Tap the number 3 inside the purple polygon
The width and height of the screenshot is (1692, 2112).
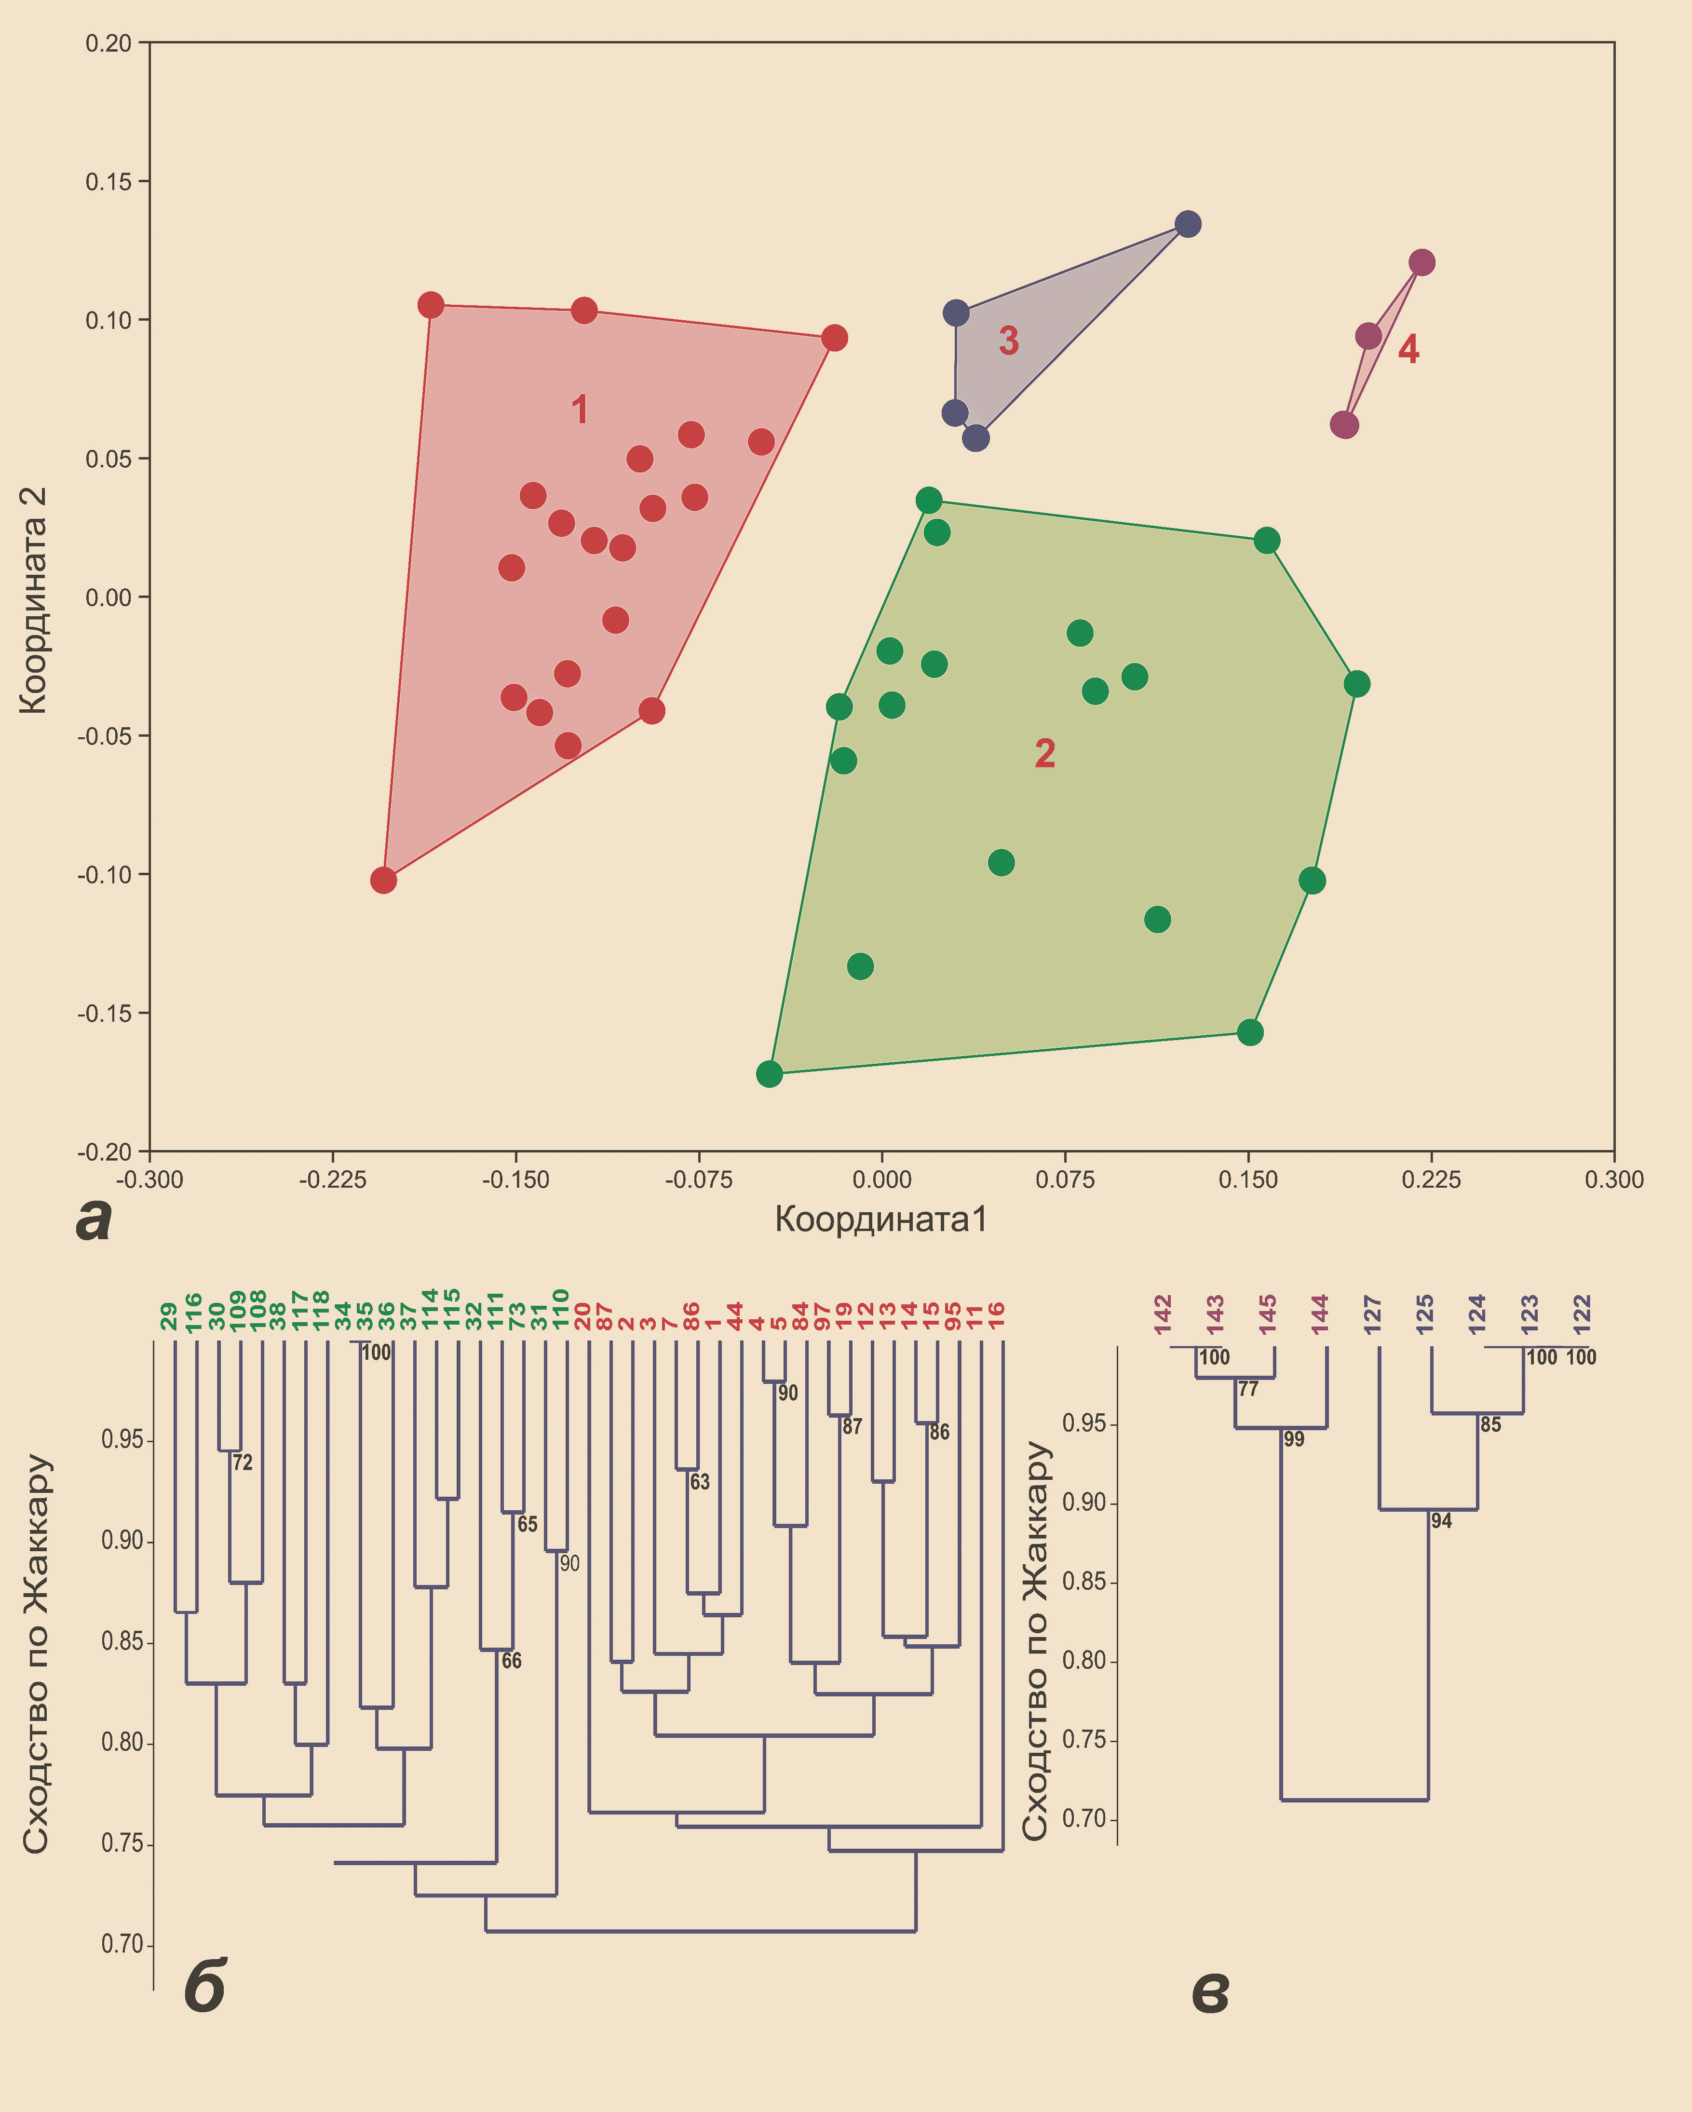[x=1008, y=341]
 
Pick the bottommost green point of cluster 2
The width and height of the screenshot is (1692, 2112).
[x=769, y=1074]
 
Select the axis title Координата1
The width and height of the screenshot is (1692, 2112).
[x=881, y=1219]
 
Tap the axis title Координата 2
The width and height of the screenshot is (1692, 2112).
[x=33, y=599]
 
